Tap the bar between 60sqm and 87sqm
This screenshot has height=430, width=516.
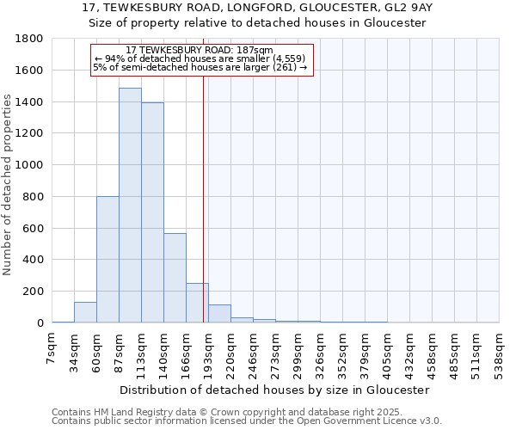(107, 259)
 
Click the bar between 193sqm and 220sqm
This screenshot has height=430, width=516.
(219, 314)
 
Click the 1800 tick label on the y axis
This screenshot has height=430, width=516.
(30, 39)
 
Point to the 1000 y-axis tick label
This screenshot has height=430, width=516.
(30, 165)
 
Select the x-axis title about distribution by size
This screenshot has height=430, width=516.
(275, 390)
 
